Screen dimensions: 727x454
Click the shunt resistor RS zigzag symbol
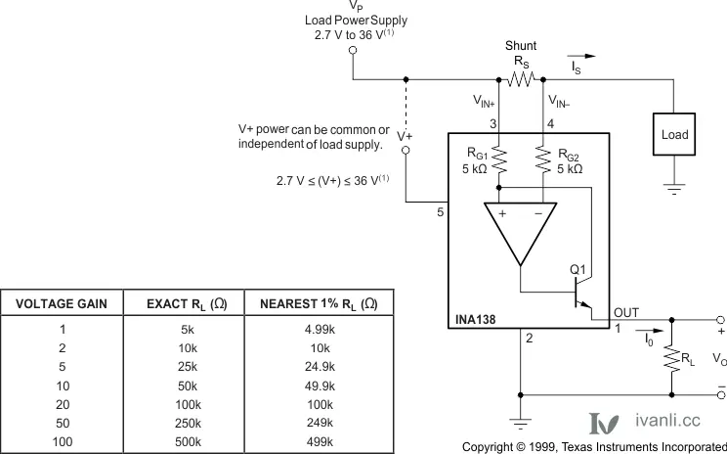(x=521, y=79)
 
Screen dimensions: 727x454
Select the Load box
(x=674, y=134)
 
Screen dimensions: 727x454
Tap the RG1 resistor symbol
(x=499, y=159)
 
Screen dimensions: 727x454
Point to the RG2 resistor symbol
(x=543, y=159)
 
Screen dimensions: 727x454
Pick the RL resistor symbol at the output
(x=672, y=357)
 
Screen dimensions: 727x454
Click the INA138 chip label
(x=475, y=319)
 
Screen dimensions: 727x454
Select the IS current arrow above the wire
(x=581, y=56)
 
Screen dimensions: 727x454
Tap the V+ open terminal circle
(x=406, y=150)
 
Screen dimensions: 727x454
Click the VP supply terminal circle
(x=353, y=50)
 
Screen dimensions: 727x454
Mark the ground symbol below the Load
(x=674, y=189)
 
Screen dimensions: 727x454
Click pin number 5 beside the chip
(x=440, y=212)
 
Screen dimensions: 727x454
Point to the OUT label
(x=626, y=313)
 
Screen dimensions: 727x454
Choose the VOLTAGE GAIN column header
(x=62, y=304)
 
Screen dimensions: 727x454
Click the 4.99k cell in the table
(x=320, y=329)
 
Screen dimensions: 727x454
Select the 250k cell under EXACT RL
(x=188, y=423)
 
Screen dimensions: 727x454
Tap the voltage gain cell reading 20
(x=63, y=404)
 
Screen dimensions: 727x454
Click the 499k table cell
(x=320, y=441)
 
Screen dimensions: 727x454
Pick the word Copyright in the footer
(x=488, y=447)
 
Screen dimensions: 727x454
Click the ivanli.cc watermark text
(x=667, y=420)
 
